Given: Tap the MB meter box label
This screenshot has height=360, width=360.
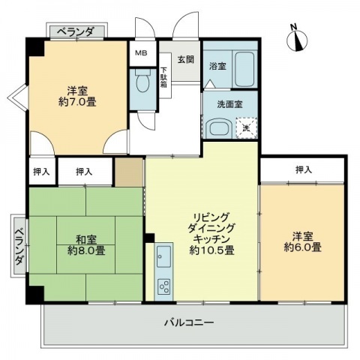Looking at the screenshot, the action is tap(141, 53).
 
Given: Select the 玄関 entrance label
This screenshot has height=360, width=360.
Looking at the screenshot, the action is tap(186, 59).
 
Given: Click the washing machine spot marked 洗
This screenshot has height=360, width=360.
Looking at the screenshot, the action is tap(247, 128).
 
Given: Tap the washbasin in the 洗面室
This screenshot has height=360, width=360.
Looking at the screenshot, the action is tap(220, 127).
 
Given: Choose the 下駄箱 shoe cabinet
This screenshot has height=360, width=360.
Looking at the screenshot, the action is tap(165, 76).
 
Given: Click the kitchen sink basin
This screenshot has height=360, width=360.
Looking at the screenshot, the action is tap(163, 256).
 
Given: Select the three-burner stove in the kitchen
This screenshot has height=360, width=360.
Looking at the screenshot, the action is tap(163, 286).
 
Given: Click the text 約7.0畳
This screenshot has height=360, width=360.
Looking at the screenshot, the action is tap(77, 102).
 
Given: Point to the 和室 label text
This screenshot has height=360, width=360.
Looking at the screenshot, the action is tap(86, 240).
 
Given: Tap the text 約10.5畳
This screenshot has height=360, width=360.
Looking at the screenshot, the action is tap(211, 250).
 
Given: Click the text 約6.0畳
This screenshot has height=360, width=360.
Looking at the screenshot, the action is tap(302, 247).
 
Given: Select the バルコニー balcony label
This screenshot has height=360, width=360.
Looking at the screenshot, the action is tap(189, 322).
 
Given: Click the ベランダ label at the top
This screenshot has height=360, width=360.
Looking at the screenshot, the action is tap(76, 32).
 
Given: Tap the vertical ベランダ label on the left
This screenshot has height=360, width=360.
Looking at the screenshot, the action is tap(19, 247).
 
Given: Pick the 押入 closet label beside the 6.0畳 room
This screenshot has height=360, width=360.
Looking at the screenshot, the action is tap(304, 170).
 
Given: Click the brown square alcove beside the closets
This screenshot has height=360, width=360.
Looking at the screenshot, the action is tap(129, 172).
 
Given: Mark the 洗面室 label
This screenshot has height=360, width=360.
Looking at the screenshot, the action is tap(229, 104).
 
